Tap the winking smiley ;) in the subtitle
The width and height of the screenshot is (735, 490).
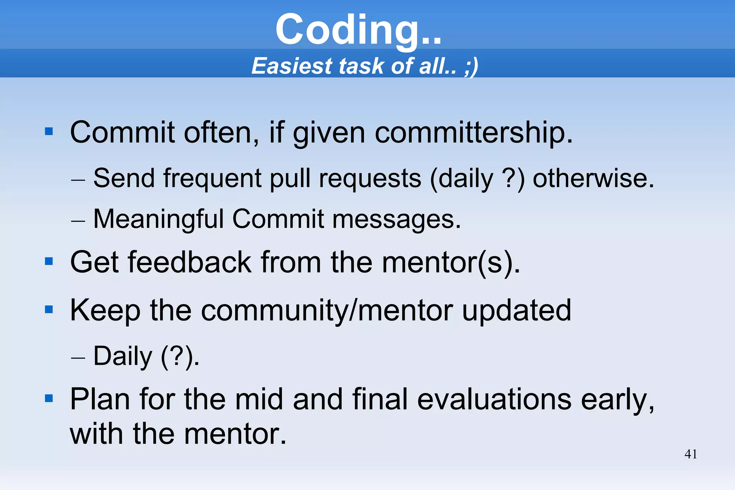pos(471,66)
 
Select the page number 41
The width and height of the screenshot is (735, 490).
pos(690,454)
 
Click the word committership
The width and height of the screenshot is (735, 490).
pos(473,133)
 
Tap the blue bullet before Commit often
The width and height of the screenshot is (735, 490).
pos(49,132)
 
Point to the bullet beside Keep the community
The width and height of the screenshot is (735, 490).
pos(49,309)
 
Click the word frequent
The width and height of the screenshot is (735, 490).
pos(212,179)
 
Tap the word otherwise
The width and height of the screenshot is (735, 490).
pos(593,179)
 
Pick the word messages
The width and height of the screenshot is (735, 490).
pos(396,220)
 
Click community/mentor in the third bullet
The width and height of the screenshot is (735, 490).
pos(327,311)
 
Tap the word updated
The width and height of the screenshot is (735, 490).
pos(516,311)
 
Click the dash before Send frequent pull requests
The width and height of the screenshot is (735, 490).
pos(78,179)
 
